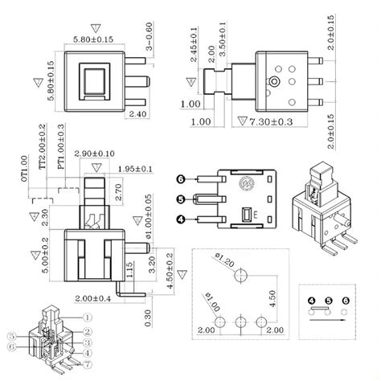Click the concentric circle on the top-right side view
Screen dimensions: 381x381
tap(276, 82)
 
